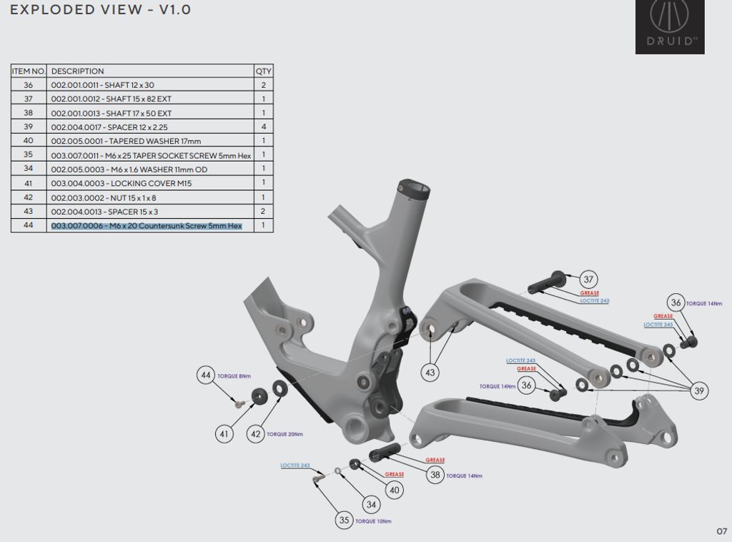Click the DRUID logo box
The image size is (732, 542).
[x=670, y=27]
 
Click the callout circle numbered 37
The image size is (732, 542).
[x=588, y=279]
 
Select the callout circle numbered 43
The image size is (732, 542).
[x=430, y=372]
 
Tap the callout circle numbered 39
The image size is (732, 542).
[x=698, y=390]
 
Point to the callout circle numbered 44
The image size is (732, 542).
[x=207, y=375]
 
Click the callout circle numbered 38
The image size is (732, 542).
[x=434, y=473]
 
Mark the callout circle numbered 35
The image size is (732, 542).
[x=345, y=520]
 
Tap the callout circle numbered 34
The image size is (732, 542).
[x=370, y=505]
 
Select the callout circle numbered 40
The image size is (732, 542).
[x=394, y=490]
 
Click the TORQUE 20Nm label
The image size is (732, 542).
[x=285, y=434]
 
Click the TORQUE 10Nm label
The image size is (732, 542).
[x=373, y=521]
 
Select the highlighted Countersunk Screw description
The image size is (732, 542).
[x=147, y=225]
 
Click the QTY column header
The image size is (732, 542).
[x=263, y=71]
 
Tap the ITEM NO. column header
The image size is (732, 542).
[x=29, y=71]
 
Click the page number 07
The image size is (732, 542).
[x=721, y=531]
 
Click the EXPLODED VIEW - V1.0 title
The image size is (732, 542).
[x=101, y=10]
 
